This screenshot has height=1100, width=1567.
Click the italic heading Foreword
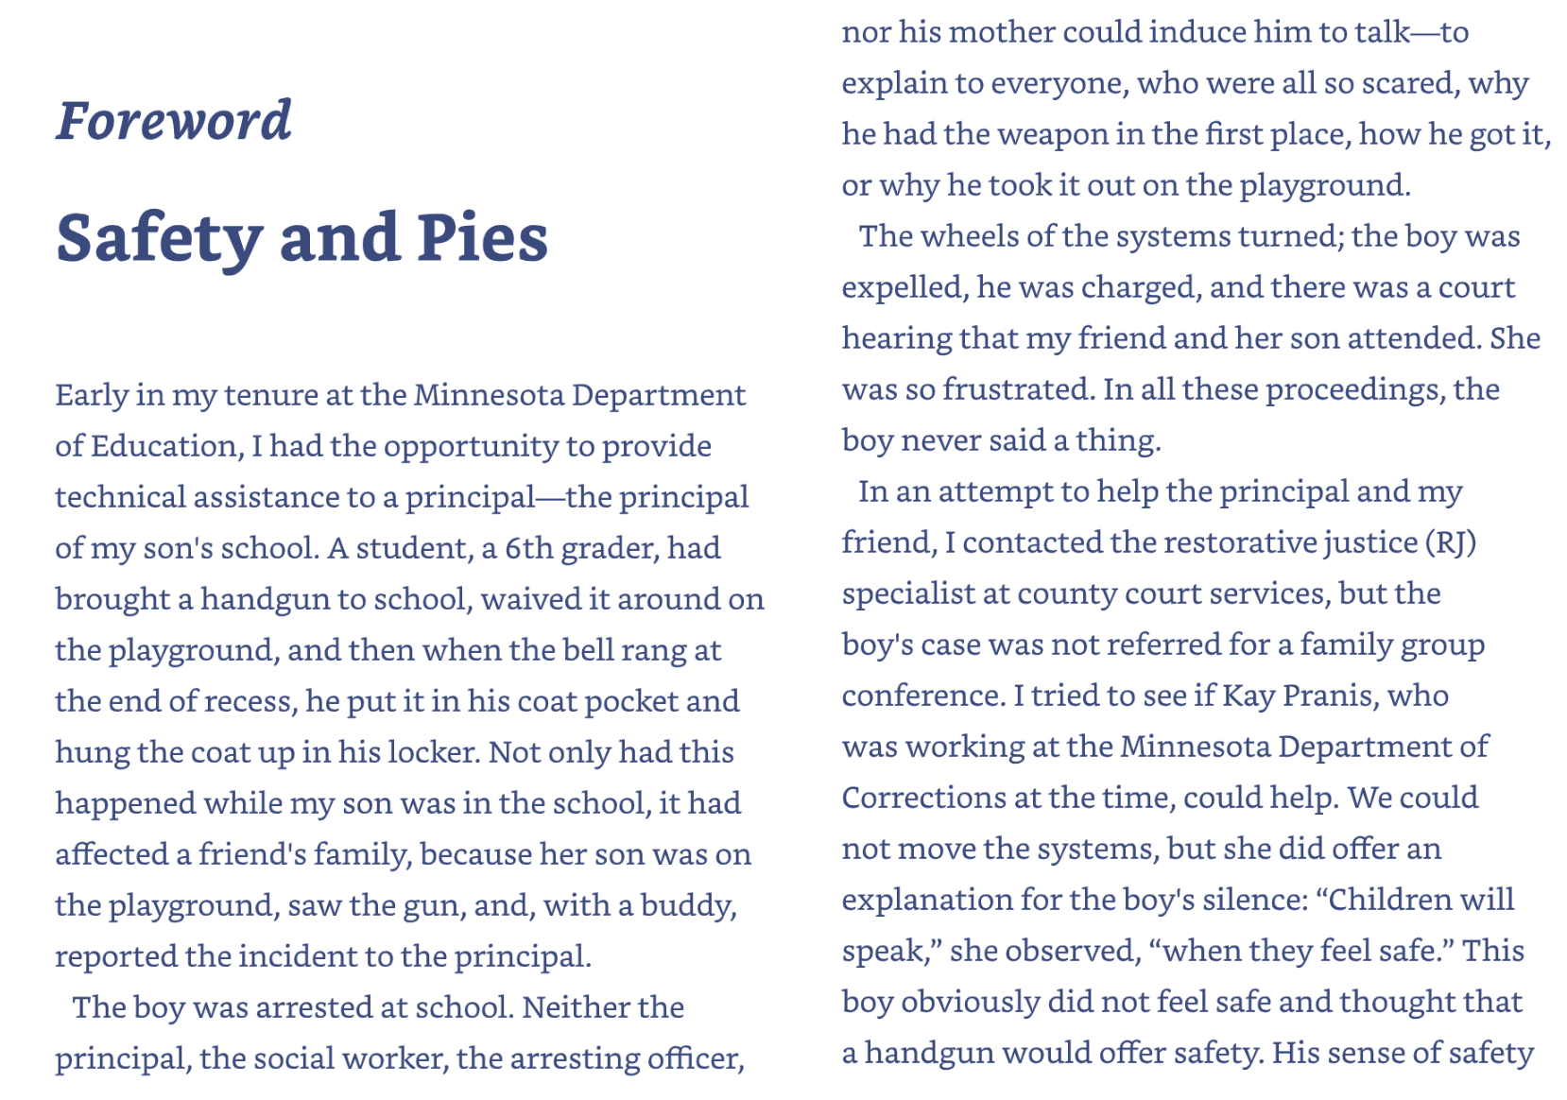coord(174,121)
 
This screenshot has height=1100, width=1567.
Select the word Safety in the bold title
coord(159,237)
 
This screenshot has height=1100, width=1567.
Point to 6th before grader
coord(529,548)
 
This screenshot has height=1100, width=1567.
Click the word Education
coord(165,446)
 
